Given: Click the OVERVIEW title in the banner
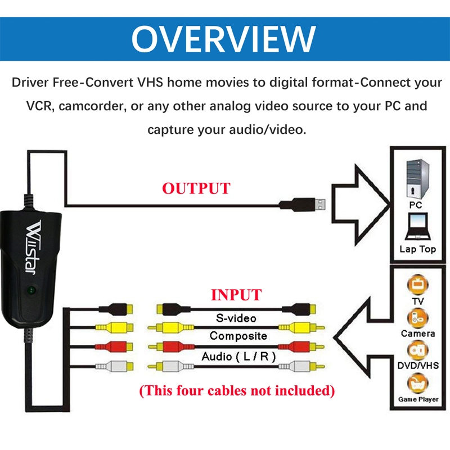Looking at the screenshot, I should point(223,38).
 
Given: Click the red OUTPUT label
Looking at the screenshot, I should point(196,188).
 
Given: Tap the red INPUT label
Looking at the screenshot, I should point(236,295).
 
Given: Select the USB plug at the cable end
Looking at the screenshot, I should point(307,205).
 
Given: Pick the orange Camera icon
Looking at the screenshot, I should point(417,318).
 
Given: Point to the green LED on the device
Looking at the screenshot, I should point(31,291).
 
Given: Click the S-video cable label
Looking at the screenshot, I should point(236,318).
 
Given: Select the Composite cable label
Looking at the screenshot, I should point(238,336).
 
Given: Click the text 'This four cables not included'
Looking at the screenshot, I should point(237,390).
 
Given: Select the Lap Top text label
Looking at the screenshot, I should point(417,249).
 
